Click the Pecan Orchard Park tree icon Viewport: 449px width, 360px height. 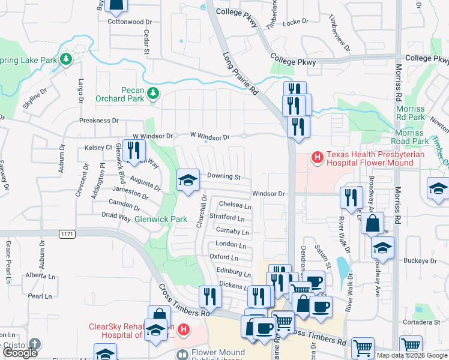coord(154,92)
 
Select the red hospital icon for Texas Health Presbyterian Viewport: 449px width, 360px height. coord(317,158)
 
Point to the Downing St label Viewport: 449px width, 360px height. coord(223,177)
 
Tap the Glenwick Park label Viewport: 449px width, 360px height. coord(161,220)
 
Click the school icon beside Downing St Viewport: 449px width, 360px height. coord(188,179)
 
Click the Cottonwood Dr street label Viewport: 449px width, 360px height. coord(126,22)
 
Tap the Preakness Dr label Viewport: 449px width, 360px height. coord(99,121)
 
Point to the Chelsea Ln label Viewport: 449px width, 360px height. coord(235,205)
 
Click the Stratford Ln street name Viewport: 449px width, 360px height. coord(226,218)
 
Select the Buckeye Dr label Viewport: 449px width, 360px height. coord(420,261)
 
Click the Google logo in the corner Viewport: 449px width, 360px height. coord(20,353)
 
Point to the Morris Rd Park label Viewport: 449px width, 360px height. coord(411,113)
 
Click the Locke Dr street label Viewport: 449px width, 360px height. coord(295,21)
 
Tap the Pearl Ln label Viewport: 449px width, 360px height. coord(40,296)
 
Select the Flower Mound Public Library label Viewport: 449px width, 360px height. coord(218,356)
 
